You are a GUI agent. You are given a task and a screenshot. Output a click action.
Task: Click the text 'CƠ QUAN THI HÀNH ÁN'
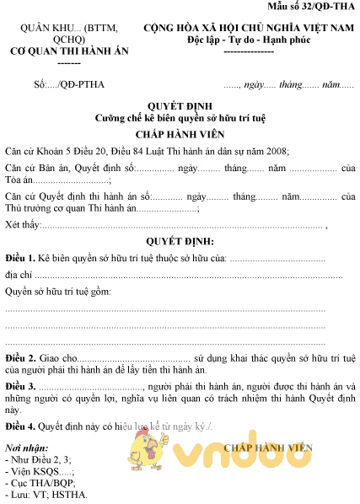point(57,51)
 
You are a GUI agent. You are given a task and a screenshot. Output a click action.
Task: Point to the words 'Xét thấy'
point(23,224)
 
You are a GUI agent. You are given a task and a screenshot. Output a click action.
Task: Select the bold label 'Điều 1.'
point(20,257)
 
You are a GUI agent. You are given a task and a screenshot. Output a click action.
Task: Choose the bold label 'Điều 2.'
point(20,358)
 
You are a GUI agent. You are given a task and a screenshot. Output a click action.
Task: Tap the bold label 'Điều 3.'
point(20,386)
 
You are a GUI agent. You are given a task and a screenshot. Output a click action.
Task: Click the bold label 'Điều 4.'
point(20,426)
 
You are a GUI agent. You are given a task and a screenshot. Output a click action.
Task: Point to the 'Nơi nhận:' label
point(27,447)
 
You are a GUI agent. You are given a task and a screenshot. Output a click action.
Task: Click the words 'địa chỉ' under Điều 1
point(19,275)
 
